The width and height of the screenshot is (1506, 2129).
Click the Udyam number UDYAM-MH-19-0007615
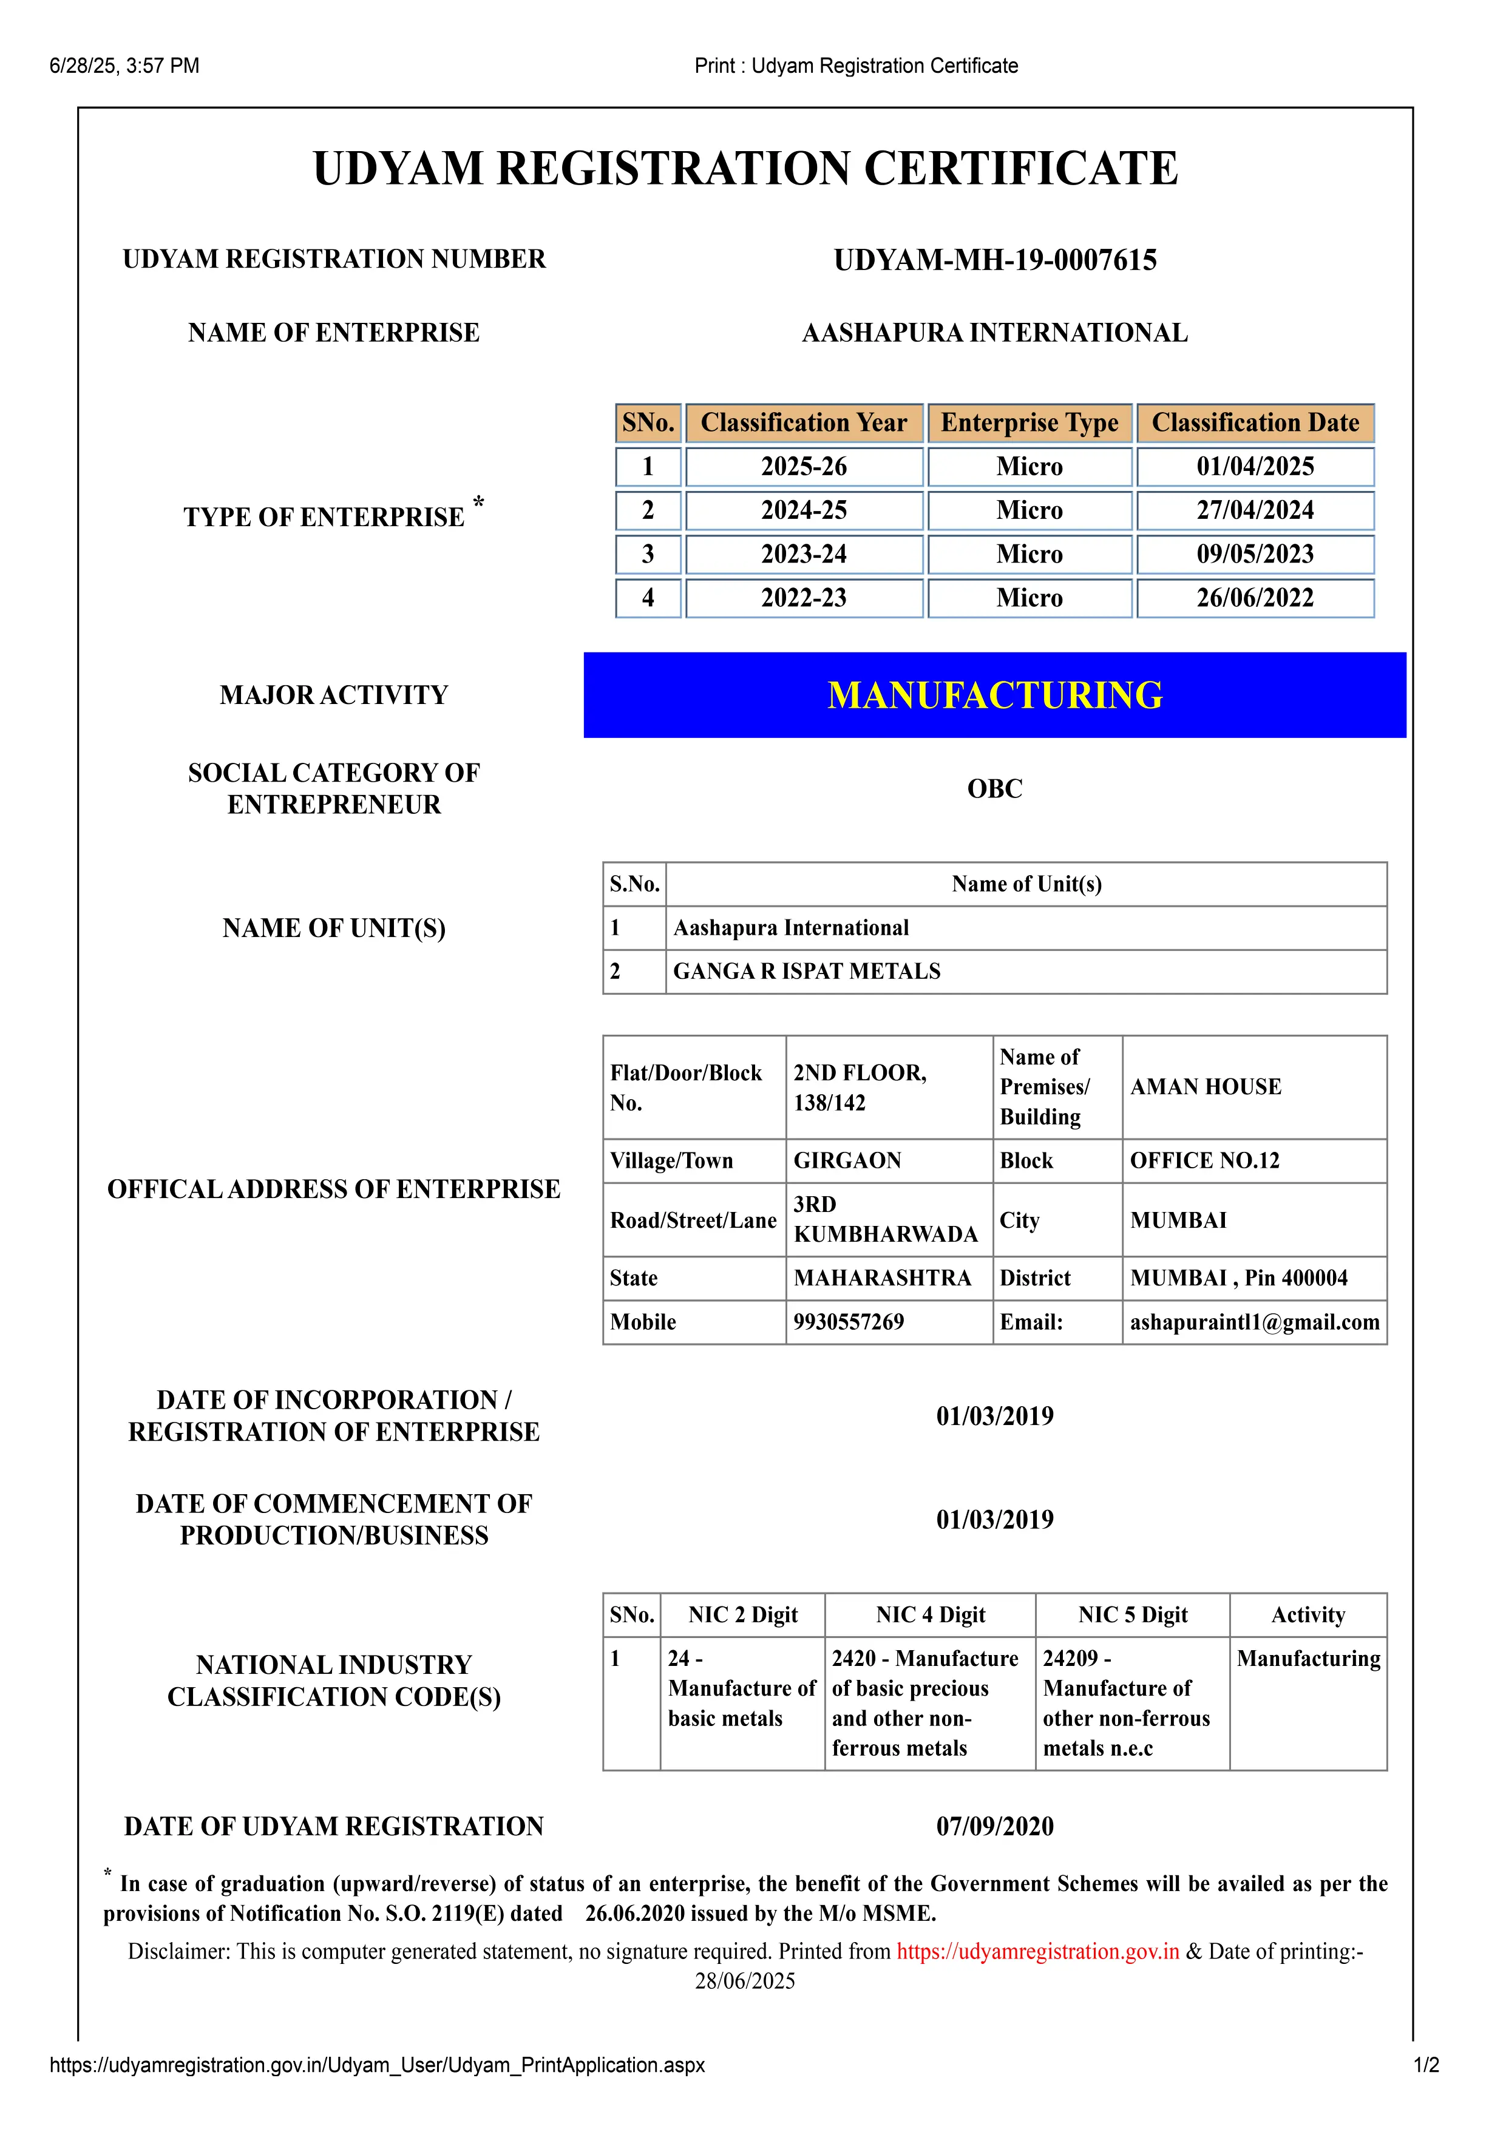click(994, 260)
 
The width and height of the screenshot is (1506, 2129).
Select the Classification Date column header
click(1255, 423)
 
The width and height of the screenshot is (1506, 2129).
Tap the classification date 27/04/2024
click(1255, 510)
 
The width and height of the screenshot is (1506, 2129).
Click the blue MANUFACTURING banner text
click(994, 696)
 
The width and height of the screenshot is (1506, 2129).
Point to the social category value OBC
click(994, 789)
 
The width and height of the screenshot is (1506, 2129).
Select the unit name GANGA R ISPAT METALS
click(807, 972)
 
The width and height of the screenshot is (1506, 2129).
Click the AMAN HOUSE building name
click(1206, 1087)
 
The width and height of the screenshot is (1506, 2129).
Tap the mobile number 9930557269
click(849, 1322)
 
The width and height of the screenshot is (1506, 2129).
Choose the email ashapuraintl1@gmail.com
click(1253, 1322)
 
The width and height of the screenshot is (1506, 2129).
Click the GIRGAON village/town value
click(847, 1161)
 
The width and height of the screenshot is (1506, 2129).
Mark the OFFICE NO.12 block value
click(1204, 1161)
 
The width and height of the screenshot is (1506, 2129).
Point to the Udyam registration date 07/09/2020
click(994, 1827)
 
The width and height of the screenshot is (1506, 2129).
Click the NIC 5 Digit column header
click(1132, 1616)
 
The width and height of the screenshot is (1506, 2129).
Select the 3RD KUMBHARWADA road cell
click(886, 1219)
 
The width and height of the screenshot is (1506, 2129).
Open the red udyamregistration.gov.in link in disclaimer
click(1038, 1952)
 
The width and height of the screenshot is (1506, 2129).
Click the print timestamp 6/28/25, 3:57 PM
click(124, 66)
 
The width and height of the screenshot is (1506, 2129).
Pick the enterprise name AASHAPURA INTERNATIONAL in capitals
click(994, 333)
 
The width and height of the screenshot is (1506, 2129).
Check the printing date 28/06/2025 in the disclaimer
click(745, 1982)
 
